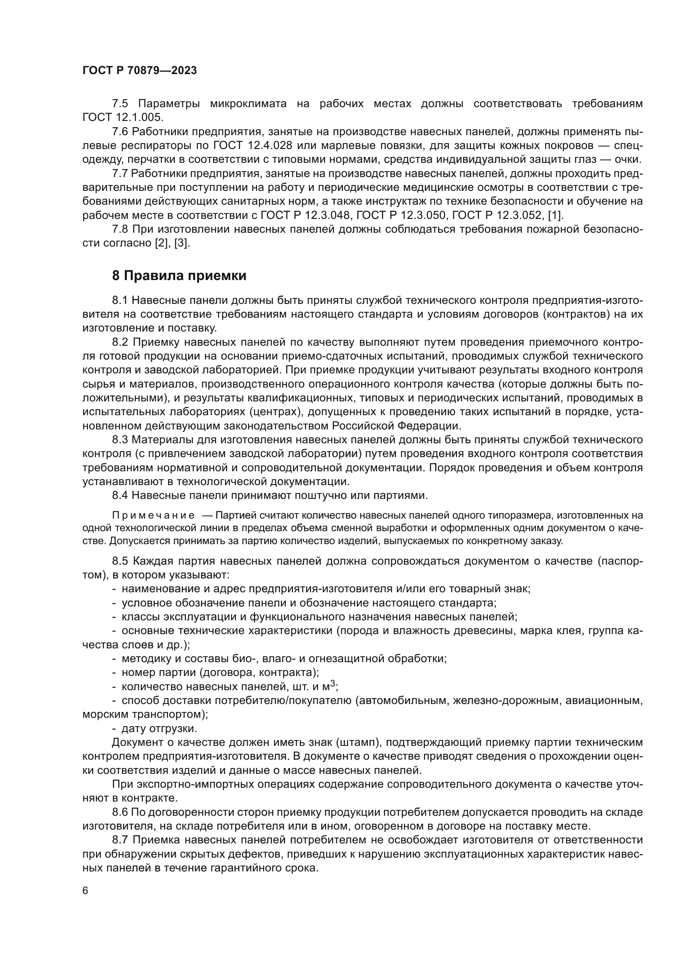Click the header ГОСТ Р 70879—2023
click(140, 71)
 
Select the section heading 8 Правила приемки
click(179, 276)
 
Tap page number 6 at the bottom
click(85, 891)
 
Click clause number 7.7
click(120, 174)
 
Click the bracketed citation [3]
click(182, 244)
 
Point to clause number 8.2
click(120, 342)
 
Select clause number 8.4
click(120, 496)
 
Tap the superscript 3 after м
click(333, 684)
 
